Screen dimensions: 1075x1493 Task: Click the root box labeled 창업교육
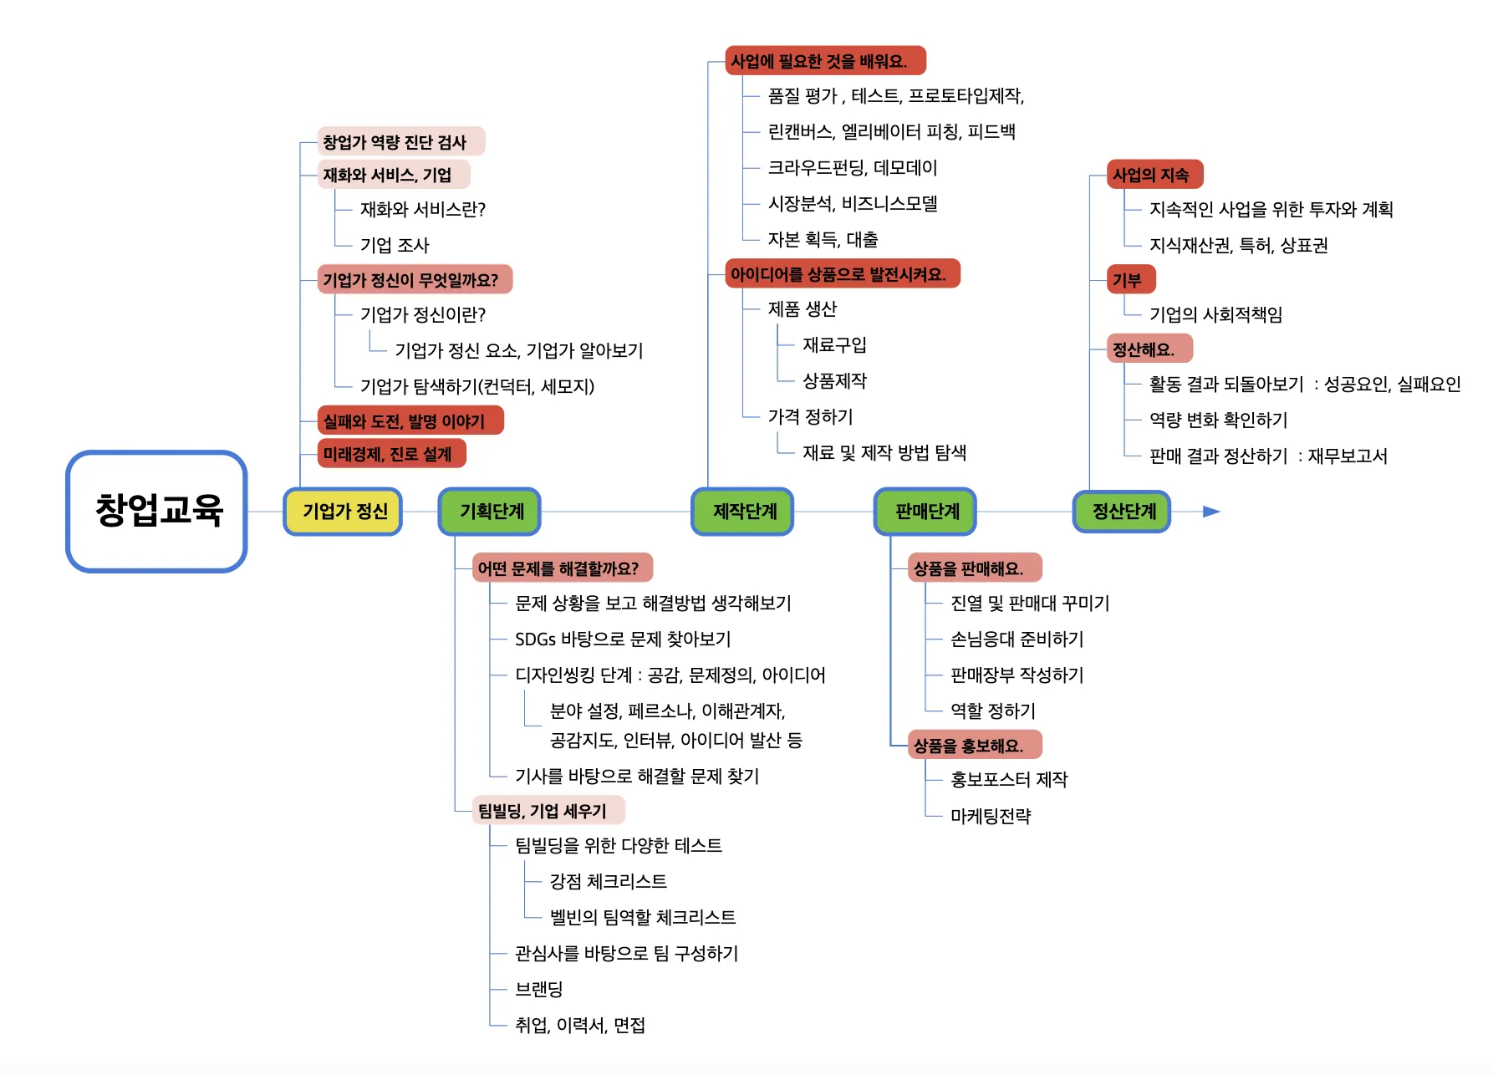coord(157,511)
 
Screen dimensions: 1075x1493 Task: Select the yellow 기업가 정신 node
coord(343,511)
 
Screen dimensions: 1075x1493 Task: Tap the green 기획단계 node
coord(490,511)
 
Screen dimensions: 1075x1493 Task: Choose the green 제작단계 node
coord(743,511)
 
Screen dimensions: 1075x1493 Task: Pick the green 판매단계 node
coord(925,511)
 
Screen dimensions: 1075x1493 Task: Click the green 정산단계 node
coord(1122,511)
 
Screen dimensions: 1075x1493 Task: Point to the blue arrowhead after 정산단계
coord(1211,511)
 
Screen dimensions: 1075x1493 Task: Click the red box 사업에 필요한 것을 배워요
coord(825,61)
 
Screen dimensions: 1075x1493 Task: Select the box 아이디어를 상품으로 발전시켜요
coord(843,274)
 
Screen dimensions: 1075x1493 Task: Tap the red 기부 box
coord(1131,280)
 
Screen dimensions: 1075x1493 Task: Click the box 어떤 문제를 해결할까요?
coord(562,568)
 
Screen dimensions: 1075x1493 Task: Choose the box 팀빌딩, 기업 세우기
coord(548,811)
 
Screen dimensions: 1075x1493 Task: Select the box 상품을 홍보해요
coord(975,745)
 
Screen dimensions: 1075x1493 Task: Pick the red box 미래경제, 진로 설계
coord(391,454)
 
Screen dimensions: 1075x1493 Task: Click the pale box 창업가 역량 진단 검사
coord(400,142)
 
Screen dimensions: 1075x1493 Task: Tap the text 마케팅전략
coord(991,816)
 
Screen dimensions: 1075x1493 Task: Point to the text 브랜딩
coord(539,989)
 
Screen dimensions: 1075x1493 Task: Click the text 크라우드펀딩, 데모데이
coord(853,168)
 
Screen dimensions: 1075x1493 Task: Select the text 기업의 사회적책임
coord(1215,314)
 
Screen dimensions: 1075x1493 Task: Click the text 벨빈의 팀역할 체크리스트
coord(643,917)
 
